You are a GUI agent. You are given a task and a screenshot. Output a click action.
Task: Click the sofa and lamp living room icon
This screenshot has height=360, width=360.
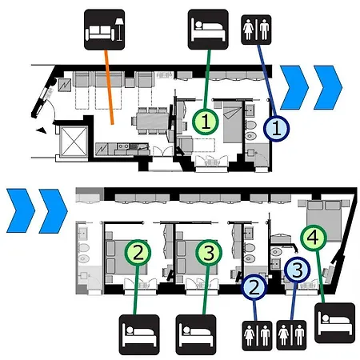tap(104, 30)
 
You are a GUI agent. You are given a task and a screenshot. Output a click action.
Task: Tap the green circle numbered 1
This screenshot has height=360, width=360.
tap(206, 122)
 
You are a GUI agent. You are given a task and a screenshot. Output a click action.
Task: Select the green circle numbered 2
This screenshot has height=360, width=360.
tap(138, 253)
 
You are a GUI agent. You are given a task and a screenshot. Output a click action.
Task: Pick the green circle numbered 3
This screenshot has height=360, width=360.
tap(209, 253)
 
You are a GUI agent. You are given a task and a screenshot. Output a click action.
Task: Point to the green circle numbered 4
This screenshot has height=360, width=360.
tap(314, 238)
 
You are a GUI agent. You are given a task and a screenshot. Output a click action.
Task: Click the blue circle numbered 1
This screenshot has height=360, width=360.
tap(276, 128)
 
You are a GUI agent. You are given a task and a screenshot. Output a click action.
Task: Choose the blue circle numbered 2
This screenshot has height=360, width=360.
tap(254, 287)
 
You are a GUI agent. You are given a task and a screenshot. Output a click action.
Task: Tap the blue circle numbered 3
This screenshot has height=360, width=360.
tap(298, 270)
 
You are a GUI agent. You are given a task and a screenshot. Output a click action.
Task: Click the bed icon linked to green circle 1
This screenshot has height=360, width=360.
tap(208, 30)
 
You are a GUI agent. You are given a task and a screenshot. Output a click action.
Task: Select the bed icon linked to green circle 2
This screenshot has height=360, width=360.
tap(139, 334)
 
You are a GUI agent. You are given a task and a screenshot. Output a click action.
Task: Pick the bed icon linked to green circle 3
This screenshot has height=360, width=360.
tap(196, 334)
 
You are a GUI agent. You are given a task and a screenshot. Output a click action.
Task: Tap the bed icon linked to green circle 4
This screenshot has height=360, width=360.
tap(335, 323)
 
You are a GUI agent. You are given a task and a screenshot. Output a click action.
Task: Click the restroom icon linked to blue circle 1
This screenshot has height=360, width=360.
tap(256, 30)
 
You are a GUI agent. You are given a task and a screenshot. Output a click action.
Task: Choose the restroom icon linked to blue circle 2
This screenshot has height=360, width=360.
tap(257, 336)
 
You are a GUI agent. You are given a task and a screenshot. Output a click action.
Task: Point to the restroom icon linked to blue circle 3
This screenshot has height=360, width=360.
tap(291, 335)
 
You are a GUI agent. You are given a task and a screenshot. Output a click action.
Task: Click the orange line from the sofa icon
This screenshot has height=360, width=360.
tap(109, 87)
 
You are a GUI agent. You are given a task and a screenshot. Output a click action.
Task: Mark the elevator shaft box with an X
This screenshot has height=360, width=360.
tap(74, 142)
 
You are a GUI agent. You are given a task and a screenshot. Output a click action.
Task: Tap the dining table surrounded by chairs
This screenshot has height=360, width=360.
tap(153, 121)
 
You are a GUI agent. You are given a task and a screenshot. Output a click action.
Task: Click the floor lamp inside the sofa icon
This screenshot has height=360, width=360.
tap(119, 30)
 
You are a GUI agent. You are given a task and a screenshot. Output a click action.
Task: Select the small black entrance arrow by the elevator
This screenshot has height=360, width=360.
tap(42, 130)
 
